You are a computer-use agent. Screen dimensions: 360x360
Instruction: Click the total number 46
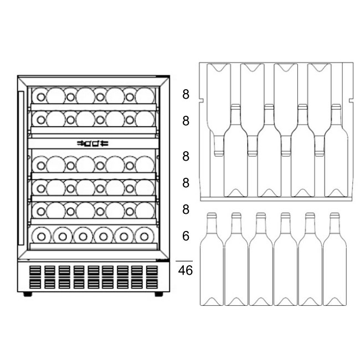186,270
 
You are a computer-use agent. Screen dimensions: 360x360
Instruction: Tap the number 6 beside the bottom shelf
186,236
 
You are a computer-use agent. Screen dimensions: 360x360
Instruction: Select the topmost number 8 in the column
186,94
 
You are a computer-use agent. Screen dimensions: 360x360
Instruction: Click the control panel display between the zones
92,143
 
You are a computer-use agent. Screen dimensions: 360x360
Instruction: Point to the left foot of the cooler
28,294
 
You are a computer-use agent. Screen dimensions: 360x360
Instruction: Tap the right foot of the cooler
158,294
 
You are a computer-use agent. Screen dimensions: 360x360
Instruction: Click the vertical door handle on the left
21,168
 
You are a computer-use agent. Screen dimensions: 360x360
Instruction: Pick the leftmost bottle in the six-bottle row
212,259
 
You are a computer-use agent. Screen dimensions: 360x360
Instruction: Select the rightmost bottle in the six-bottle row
335,259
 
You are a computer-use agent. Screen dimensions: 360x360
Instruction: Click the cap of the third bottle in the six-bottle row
261,215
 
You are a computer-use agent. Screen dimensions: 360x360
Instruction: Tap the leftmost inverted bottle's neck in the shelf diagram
219,146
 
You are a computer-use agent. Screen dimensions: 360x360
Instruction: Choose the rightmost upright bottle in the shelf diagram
336,151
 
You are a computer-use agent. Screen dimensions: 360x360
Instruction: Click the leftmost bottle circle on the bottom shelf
42,236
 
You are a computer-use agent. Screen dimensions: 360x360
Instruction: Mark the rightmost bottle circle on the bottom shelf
144,236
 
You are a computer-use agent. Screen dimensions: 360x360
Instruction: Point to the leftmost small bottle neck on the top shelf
41,97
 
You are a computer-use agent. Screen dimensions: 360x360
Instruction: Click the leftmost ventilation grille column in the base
35,277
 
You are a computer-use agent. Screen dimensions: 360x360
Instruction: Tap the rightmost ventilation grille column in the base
152,277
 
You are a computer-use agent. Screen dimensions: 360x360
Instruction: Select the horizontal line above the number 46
184,261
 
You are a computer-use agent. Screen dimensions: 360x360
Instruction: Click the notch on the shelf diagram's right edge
351,100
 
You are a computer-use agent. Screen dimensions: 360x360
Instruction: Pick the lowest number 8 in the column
186,209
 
